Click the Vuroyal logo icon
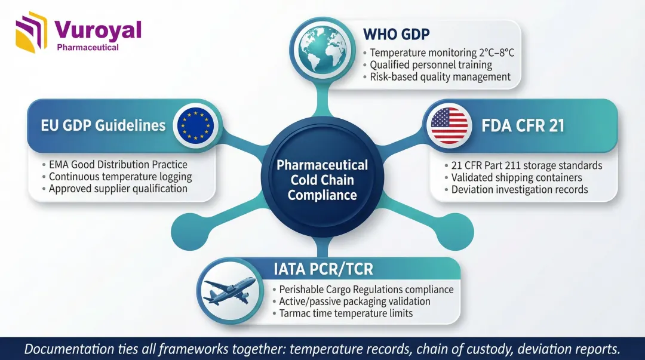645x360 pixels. point(31,32)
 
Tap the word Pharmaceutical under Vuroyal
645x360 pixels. point(87,47)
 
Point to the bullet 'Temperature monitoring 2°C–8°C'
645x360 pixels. point(442,53)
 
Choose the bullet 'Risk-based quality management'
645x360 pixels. point(440,76)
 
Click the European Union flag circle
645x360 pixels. point(195,125)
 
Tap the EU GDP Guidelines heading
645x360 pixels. point(103,125)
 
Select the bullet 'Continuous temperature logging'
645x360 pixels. point(120,177)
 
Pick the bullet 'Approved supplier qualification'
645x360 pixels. point(118,189)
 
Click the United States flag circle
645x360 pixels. point(449,125)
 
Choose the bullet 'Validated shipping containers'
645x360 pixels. point(516,177)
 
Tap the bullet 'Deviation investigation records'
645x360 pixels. point(519,190)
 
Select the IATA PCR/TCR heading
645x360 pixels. point(323,269)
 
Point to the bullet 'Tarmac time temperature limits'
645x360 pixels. point(346,313)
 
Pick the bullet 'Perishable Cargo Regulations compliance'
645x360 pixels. point(366,290)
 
